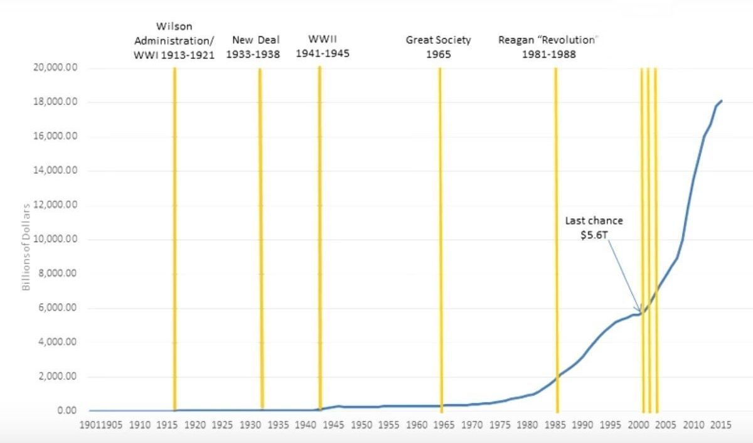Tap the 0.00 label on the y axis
tap(67, 411)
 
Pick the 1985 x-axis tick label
tap(555, 425)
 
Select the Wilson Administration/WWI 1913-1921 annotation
tap(174, 41)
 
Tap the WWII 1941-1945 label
tap(323, 46)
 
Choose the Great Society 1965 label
tap(438, 47)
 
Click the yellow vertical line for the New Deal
tap(260, 238)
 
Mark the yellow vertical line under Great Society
tap(441, 238)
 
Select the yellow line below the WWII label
tap(319, 238)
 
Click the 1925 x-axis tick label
tap(222, 425)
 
